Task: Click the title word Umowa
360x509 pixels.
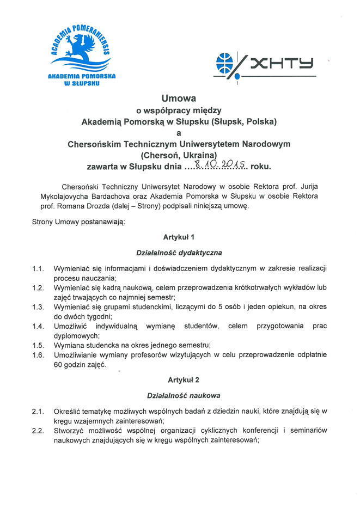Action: point(179,99)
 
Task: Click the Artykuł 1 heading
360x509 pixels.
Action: point(179,237)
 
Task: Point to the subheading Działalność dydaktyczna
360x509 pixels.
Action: point(179,253)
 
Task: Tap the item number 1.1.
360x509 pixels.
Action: point(38,268)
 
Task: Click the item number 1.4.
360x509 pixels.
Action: point(38,326)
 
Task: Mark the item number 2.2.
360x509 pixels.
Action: point(38,430)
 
